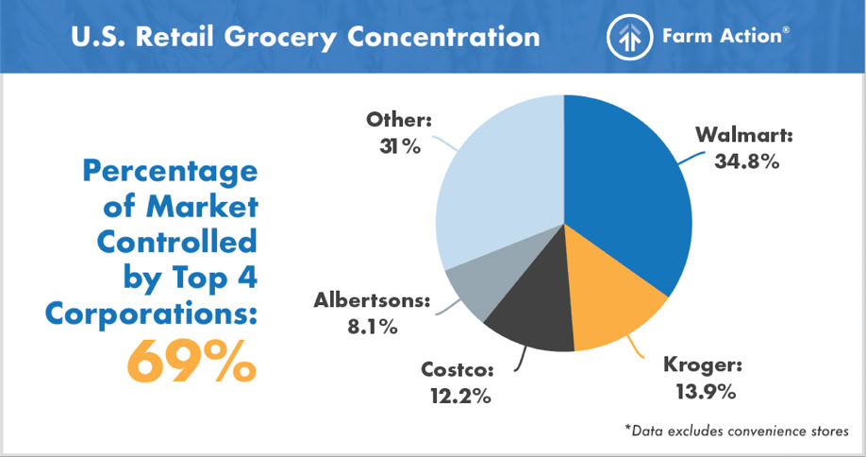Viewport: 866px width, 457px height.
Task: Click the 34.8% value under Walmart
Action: coord(746,161)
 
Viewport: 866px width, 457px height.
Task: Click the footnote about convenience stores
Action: coord(737,430)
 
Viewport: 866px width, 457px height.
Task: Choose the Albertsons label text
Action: coord(370,303)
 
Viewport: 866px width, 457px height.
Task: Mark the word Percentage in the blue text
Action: coord(170,172)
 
